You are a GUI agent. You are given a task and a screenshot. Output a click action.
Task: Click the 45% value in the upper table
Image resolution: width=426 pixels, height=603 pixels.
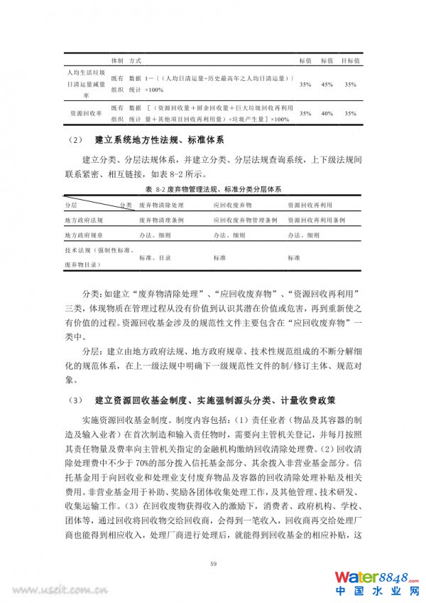327,85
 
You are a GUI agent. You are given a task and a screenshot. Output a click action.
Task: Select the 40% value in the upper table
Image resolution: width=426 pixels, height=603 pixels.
327,114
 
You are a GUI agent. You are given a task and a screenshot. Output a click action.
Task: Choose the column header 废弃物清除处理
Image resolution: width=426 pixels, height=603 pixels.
162,206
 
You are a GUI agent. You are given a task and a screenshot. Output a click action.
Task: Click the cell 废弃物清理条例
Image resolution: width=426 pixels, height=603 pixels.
162,220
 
